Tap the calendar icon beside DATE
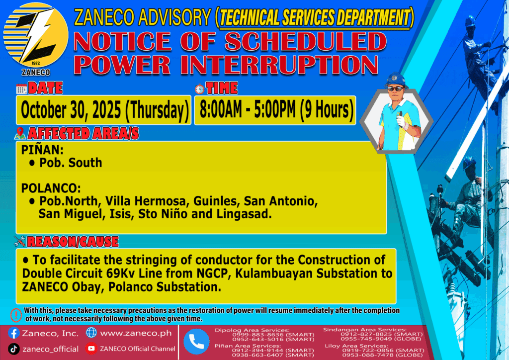[21, 89]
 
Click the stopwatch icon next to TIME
[200, 89]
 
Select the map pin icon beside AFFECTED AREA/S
[20, 133]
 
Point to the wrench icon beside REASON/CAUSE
[20, 241]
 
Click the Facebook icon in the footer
[13, 333]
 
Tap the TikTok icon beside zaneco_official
[13, 349]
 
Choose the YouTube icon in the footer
[91, 349]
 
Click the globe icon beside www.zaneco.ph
[91, 333]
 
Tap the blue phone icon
[196, 342]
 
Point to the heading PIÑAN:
[42, 150]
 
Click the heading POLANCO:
[51, 188]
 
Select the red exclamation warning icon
[16, 315]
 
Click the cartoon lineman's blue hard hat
[396, 80]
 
